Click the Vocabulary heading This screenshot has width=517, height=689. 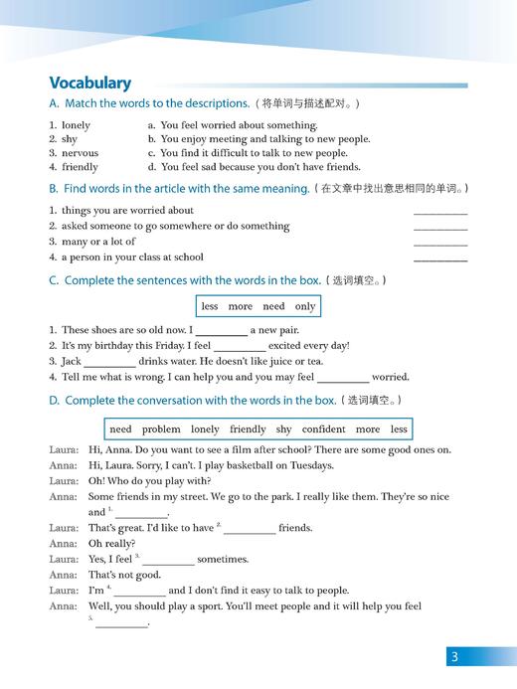[x=89, y=83]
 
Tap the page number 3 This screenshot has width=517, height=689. [x=453, y=657]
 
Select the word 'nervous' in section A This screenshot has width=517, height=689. [x=80, y=153]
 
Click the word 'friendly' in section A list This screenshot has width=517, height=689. [x=80, y=167]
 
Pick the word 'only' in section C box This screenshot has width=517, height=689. [x=304, y=306]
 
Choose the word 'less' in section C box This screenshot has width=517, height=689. [x=209, y=306]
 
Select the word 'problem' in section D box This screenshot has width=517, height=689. [x=161, y=430]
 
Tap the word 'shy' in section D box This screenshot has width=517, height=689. [x=283, y=430]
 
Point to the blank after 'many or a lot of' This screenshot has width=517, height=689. [x=439, y=243]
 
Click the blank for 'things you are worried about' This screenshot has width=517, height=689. [x=439, y=212]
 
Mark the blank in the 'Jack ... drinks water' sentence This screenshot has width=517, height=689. [x=109, y=362]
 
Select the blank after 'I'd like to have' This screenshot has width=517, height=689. [x=250, y=529]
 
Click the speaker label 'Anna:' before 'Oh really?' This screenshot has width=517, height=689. [x=63, y=544]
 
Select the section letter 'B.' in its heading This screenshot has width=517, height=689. [x=54, y=188]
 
